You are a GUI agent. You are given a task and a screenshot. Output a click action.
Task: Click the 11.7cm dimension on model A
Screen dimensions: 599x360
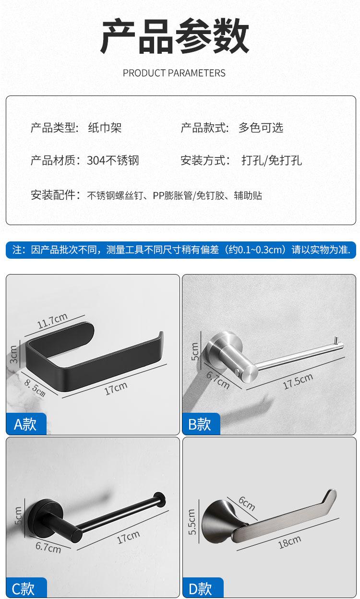[52, 320]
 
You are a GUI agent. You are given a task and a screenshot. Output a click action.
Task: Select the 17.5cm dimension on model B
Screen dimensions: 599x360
[298, 381]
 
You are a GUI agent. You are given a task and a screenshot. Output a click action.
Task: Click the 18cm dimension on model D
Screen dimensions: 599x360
[289, 542]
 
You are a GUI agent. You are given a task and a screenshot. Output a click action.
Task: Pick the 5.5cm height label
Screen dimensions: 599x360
[192, 522]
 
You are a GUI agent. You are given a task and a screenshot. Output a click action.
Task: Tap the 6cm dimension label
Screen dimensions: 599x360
[247, 503]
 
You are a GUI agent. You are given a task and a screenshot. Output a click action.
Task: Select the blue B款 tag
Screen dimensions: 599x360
[200, 424]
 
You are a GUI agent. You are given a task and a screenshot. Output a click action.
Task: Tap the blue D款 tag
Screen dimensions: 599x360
[200, 588]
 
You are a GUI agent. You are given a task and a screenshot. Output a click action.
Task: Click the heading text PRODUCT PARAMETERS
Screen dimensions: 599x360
[174, 73]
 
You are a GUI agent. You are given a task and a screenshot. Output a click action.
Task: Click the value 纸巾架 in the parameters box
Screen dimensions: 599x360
[105, 128]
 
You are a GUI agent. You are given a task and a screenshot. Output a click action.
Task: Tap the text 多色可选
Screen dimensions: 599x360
[261, 128]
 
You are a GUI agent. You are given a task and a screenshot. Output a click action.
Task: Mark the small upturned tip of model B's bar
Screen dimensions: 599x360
[337, 341]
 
